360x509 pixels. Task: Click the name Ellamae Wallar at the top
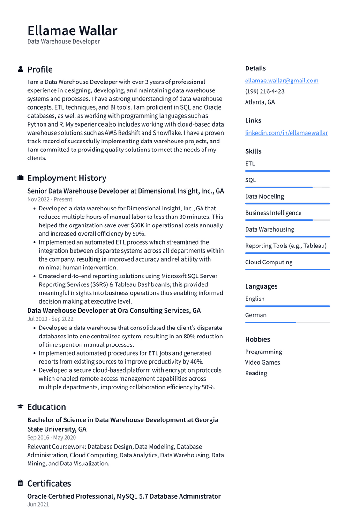[72, 30]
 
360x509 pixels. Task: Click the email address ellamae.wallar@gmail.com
[282, 81]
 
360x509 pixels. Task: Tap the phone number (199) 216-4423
[264, 91]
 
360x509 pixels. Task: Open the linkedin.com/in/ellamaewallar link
[286, 133]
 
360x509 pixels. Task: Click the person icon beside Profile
[21, 69]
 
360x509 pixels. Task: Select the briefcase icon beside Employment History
[21, 178]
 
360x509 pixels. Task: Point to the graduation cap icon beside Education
[21, 407]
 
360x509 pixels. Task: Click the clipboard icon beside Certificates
[21, 483]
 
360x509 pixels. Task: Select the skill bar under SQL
[287, 187]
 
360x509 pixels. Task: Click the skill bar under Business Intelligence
[287, 220]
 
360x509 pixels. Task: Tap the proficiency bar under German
[287, 322]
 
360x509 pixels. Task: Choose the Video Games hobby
[262, 362]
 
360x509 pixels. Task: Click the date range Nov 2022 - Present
[50, 199]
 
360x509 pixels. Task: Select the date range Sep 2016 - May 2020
[52, 438]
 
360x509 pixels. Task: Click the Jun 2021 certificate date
[38, 505]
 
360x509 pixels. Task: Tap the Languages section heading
[261, 286]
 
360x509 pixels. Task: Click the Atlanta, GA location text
[260, 102]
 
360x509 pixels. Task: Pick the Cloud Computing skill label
[269, 262]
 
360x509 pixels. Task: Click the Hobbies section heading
[257, 339]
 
